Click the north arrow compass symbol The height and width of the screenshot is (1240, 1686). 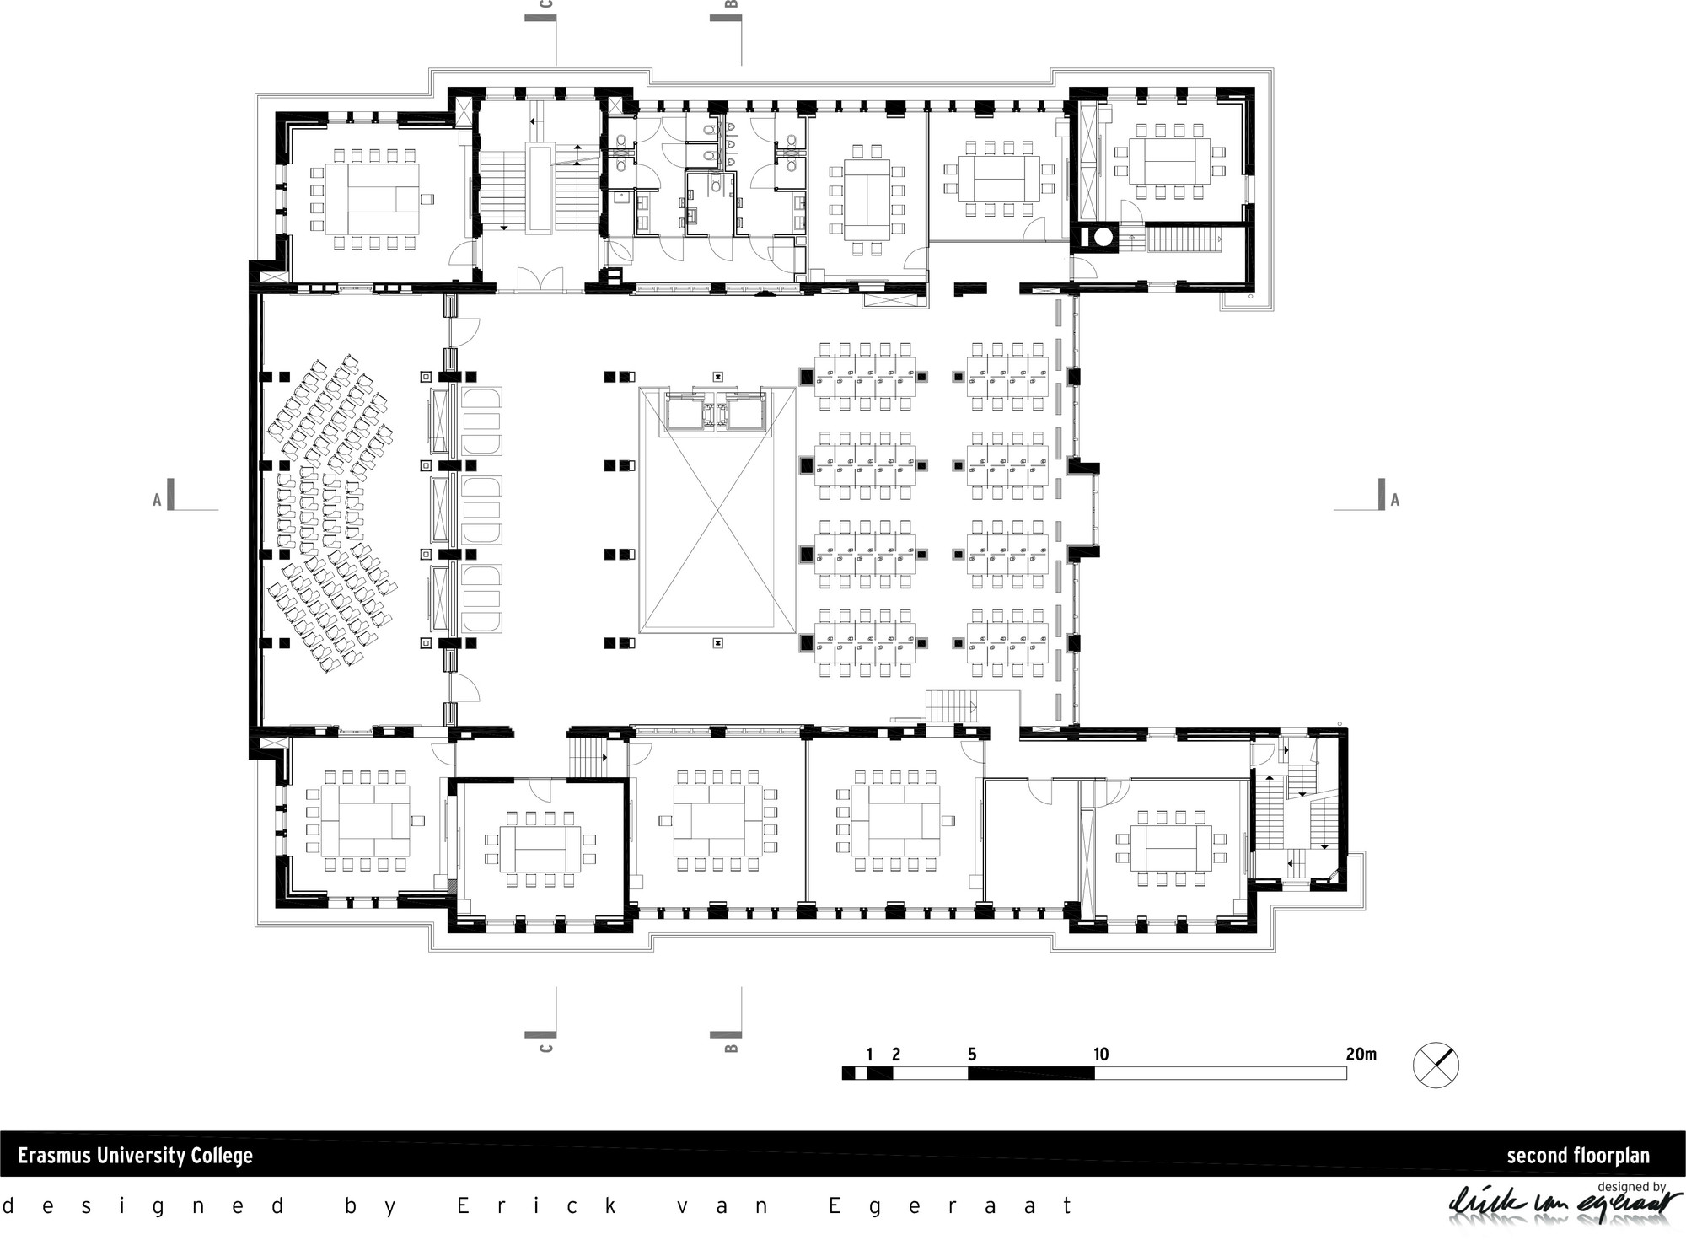coord(1436,1066)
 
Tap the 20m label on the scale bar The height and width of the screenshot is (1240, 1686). coord(1361,1054)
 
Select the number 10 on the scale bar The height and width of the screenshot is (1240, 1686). coord(1101,1054)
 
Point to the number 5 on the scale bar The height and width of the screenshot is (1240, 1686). coord(972,1054)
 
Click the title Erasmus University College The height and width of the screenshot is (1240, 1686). coord(135,1155)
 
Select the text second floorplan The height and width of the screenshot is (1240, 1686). coord(1578,1156)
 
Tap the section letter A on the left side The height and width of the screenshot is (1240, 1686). coord(157,500)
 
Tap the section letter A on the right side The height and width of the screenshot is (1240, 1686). coord(1395,500)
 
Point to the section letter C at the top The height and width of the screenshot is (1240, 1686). coord(545,4)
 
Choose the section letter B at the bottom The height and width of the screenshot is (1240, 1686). coord(732,1048)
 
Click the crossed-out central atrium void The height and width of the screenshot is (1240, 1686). coord(717,510)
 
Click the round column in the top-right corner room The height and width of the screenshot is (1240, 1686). coord(1102,238)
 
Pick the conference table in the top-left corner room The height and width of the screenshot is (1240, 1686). coord(372,199)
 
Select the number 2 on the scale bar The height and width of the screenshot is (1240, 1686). coord(896,1054)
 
